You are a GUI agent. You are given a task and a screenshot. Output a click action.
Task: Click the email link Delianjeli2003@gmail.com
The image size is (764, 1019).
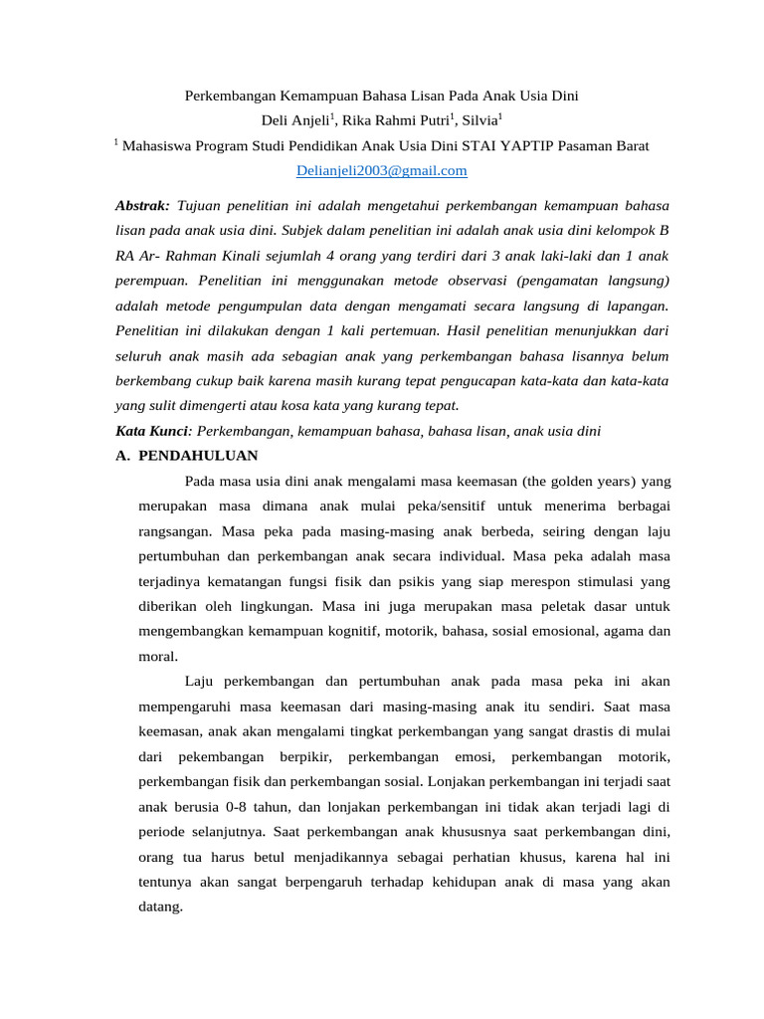[382, 171]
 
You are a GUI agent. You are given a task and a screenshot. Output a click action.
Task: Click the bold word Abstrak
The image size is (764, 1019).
[142, 206]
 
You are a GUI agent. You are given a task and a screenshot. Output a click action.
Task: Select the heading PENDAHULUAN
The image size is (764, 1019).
[198, 456]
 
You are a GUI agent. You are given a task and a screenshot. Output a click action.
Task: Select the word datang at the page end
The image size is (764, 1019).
[159, 907]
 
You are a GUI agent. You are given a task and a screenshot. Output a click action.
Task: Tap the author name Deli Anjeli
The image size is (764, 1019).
[294, 121]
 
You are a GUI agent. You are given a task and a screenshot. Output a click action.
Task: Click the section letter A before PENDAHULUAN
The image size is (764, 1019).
[121, 456]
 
